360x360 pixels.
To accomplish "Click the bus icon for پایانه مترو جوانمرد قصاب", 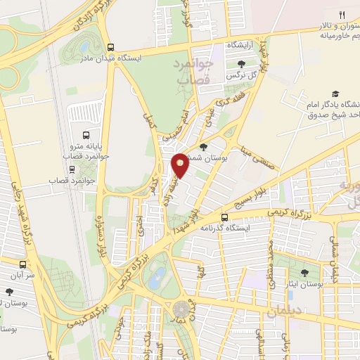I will pyautogui.click(x=85, y=134).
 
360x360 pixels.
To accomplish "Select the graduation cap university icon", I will pyautogui.click(x=335, y=94).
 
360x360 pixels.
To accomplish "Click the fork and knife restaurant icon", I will pyautogui.click(x=342, y=13).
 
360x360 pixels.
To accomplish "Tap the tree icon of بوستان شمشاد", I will pyautogui.click(x=203, y=147).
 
